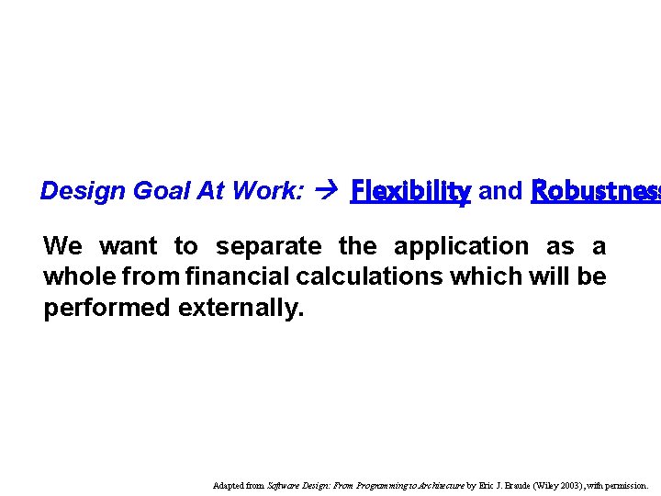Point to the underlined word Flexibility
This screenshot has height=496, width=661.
click(410, 191)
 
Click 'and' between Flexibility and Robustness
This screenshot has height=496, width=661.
click(500, 191)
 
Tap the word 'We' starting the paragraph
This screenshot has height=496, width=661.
click(62, 246)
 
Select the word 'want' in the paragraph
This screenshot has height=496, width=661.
click(129, 246)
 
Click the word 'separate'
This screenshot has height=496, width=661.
click(268, 247)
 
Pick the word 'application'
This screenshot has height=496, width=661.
click(461, 247)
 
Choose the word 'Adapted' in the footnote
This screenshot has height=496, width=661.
click(229, 484)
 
